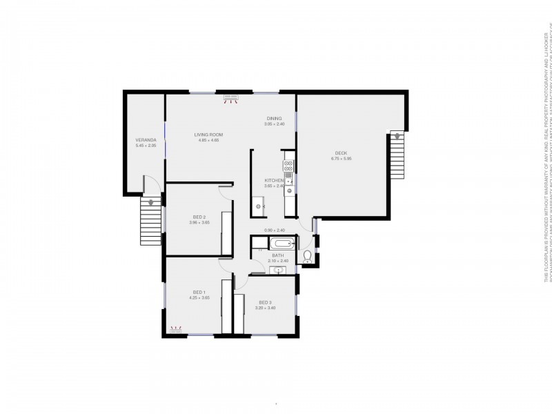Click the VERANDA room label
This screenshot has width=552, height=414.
(x=146, y=140)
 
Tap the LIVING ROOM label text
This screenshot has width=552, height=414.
(x=208, y=135)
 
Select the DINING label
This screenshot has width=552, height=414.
(x=275, y=118)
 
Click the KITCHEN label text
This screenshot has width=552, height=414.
(x=273, y=180)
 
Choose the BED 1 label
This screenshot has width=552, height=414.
(x=199, y=293)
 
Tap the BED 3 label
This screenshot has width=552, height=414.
(x=266, y=302)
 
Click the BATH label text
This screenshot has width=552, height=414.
(x=277, y=255)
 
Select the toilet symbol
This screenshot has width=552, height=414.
(x=307, y=258)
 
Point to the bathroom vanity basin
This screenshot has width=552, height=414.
(x=277, y=270)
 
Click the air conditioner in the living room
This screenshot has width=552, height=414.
(x=230, y=99)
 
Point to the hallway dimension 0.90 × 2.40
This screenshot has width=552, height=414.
(x=274, y=230)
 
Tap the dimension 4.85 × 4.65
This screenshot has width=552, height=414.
(x=208, y=141)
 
